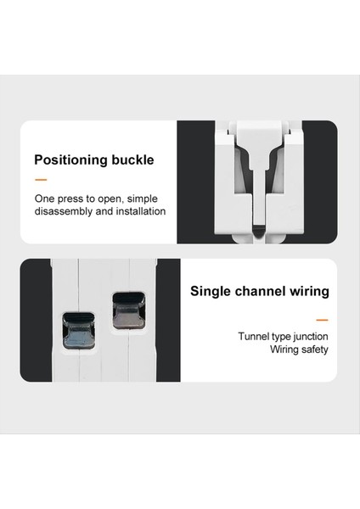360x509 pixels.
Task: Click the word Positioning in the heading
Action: pyautogui.click(x=71, y=159)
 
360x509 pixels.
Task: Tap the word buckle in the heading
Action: pyautogui.click(x=132, y=159)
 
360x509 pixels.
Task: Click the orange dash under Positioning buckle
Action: pyautogui.click(x=41, y=180)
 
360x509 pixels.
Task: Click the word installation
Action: pyautogui.click(x=141, y=211)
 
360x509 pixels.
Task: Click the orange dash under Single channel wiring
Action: pyautogui.click(x=322, y=320)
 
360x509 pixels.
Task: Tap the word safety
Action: pyautogui.click(x=312, y=349)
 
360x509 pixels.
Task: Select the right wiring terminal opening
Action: pyautogui.click(x=127, y=310)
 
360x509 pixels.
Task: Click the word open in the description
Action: pyautogui.click(x=109, y=198)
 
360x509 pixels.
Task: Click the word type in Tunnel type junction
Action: pyautogui.click(x=281, y=336)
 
